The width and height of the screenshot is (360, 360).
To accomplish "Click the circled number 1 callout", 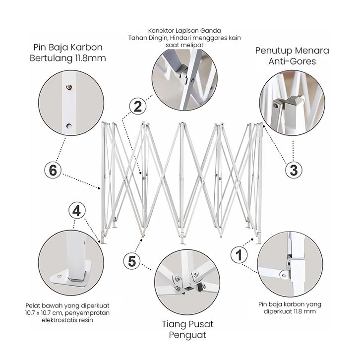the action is tap(239, 254).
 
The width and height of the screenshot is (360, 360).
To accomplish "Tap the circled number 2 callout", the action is tap(138, 106).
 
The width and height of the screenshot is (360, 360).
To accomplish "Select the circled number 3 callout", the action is tap(294, 170).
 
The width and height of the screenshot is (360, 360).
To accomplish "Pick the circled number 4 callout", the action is tap(77, 210).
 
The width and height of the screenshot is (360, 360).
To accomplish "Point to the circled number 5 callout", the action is tap(132, 261).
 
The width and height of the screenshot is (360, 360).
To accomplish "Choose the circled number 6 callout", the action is tap(53, 170).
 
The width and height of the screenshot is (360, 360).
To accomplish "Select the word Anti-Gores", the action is tap(292, 61).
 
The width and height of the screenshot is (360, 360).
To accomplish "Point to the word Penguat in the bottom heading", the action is tap(187, 335).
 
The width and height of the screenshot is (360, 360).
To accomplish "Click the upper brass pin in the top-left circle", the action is tap(69, 87).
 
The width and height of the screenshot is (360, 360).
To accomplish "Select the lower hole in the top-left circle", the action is tap(69, 126).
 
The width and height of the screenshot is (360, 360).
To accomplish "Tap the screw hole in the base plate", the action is tap(60, 276).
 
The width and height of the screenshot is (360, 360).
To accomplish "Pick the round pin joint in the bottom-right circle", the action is tap(285, 275).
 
